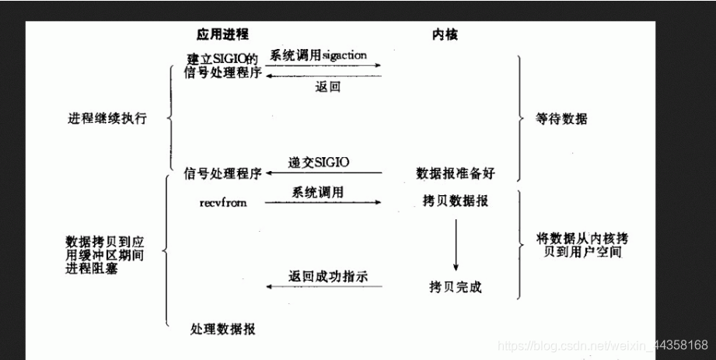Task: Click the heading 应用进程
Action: point(223,36)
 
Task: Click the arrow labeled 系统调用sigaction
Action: point(323,66)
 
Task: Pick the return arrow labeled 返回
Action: point(323,77)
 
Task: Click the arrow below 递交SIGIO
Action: point(323,172)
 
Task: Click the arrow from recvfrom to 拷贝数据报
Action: point(323,203)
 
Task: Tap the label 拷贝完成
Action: point(456,287)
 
